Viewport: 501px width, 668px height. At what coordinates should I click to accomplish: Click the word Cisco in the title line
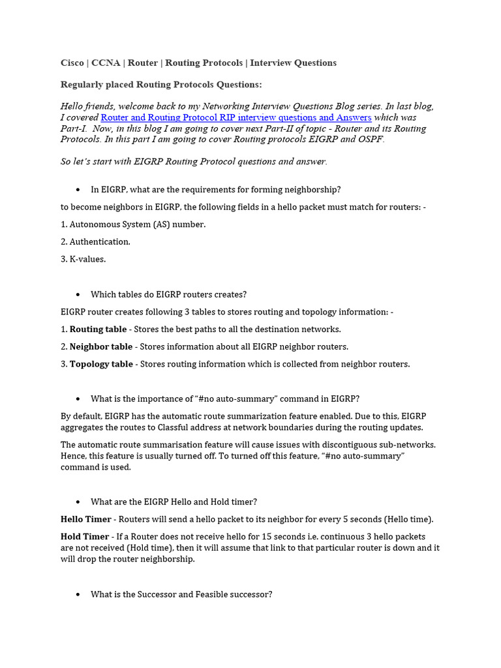pyautogui.click(x=72, y=63)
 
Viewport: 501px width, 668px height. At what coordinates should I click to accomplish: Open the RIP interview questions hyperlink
pyautogui.click(x=235, y=117)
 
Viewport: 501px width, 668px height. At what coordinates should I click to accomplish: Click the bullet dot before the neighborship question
pyautogui.click(x=78, y=190)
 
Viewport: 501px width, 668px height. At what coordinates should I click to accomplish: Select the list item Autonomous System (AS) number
pyautogui.click(x=138, y=224)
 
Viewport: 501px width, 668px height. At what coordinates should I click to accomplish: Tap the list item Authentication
pyautogui.click(x=100, y=242)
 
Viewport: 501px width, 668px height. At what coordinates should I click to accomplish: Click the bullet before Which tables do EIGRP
pyautogui.click(x=78, y=294)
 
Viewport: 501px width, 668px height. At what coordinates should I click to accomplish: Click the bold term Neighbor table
pyautogui.click(x=101, y=346)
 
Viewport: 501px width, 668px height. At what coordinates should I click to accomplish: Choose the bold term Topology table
pyautogui.click(x=101, y=364)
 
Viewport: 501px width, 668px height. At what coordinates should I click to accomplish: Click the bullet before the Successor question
pyautogui.click(x=78, y=595)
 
